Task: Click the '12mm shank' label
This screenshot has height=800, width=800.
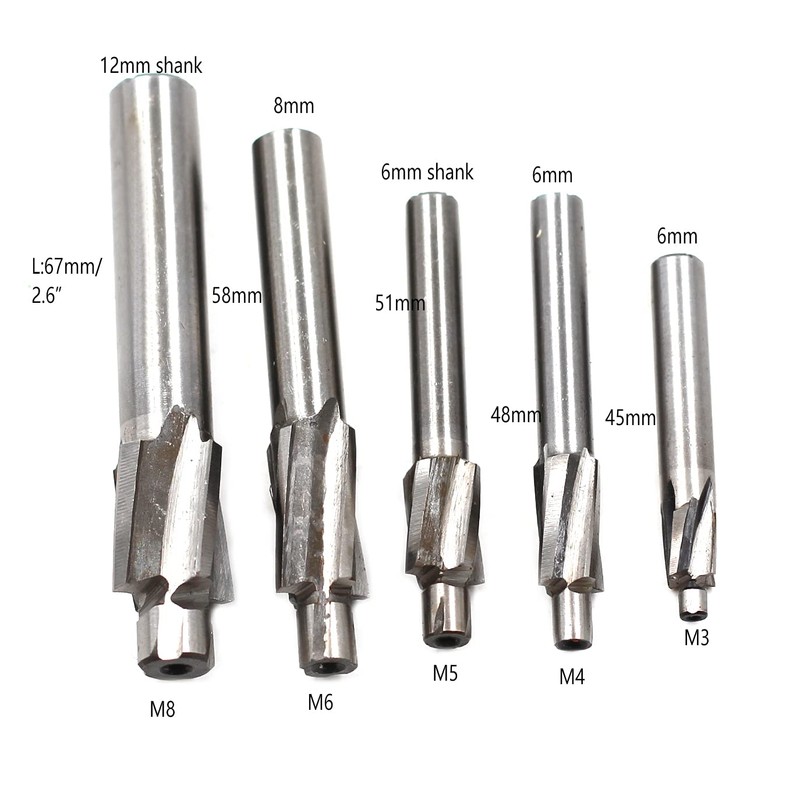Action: [150, 66]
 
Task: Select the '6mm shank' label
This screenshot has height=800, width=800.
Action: [427, 172]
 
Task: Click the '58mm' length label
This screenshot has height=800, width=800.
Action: [235, 295]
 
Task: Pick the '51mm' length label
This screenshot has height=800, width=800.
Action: [400, 303]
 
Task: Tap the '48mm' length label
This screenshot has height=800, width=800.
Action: [512, 413]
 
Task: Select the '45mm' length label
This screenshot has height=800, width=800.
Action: [630, 416]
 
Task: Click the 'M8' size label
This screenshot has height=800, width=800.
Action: [164, 711]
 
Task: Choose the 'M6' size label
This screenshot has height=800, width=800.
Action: [320, 702]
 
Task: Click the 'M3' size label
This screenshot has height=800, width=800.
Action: [696, 637]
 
